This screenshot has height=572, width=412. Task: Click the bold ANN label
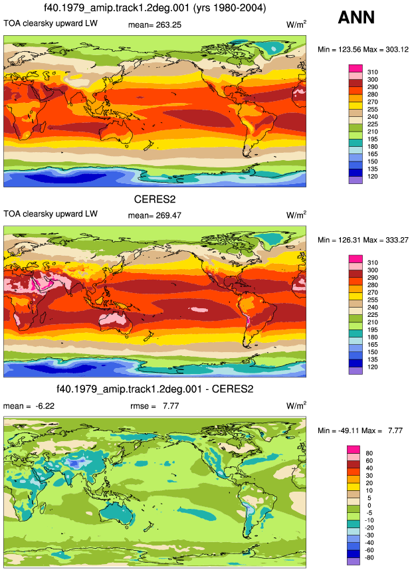(356, 17)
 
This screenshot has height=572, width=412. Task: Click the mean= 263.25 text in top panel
(155, 25)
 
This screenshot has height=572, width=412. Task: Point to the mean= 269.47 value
(155, 215)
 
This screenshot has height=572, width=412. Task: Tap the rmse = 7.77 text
(155, 406)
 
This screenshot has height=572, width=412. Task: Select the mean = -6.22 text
(29, 406)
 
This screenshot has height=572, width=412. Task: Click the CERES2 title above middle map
(155, 199)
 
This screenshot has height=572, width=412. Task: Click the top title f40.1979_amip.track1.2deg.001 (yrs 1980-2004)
(155, 8)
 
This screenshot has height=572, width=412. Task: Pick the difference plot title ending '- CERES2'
(155, 389)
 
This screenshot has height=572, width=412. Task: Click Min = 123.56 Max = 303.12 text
(363, 49)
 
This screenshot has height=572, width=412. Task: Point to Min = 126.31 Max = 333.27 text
(363, 240)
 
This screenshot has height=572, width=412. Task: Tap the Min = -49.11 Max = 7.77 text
(360, 430)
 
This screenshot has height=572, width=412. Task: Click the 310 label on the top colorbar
(373, 72)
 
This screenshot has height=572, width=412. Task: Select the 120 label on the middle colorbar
(373, 367)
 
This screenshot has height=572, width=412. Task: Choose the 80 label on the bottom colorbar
(369, 453)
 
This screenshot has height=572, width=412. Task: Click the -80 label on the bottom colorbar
(369, 557)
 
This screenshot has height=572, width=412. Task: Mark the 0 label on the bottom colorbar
(369, 506)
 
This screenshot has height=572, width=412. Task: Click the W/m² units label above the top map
(296, 25)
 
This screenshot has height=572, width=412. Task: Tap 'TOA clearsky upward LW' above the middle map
(51, 214)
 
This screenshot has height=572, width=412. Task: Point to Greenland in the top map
(269, 48)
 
